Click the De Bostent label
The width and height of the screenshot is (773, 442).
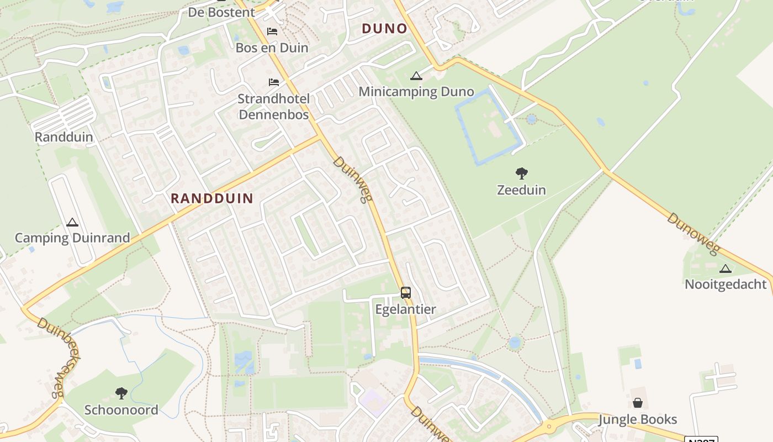[x=221, y=12]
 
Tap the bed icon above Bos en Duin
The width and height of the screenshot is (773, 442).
[x=272, y=31]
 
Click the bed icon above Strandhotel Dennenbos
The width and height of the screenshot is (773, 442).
[x=273, y=82]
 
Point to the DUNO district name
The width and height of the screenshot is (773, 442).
[x=384, y=29]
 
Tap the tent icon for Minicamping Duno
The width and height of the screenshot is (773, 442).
[x=416, y=76]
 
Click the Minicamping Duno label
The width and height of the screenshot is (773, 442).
[x=416, y=92]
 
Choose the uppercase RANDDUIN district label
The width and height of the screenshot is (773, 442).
[x=212, y=198]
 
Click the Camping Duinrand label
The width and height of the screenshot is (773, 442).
[x=72, y=238]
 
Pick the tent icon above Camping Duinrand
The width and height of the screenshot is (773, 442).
[x=72, y=223]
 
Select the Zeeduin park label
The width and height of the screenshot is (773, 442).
[x=521, y=190]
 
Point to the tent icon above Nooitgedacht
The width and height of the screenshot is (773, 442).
[x=726, y=269]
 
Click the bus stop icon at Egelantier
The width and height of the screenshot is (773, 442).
[x=406, y=293]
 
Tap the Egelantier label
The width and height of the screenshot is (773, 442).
[x=406, y=309]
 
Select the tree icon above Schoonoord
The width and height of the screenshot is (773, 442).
[x=121, y=393]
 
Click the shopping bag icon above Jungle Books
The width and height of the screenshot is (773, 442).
[x=638, y=403]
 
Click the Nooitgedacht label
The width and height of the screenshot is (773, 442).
[x=726, y=285]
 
